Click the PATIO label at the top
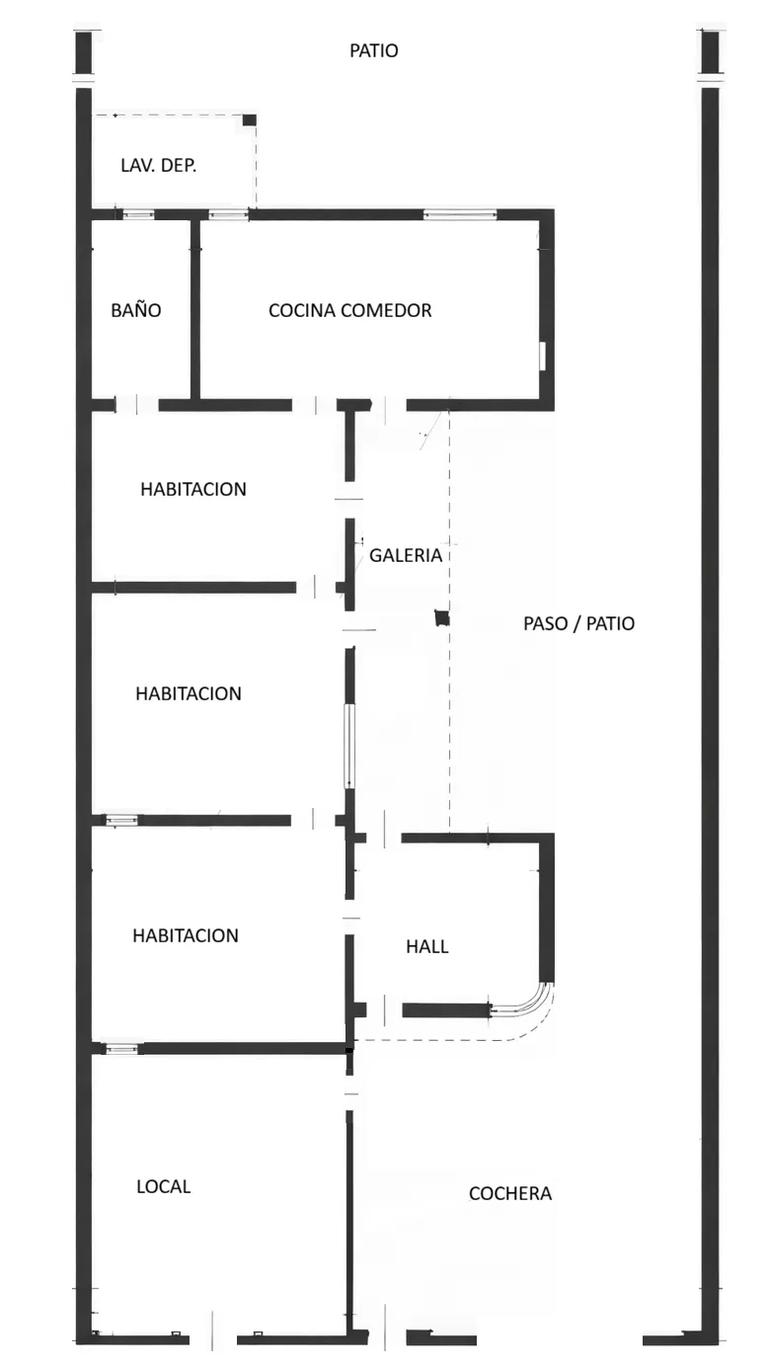[x=374, y=50]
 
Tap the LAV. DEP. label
[x=158, y=165]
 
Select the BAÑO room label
[x=136, y=310]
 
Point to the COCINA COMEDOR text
[x=349, y=310]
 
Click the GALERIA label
[x=405, y=555]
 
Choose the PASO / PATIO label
[x=578, y=623]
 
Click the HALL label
[x=426, y=946]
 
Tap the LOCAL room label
[x=163, y=1186]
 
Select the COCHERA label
[x=509, y=1193]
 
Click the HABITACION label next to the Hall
[x=186, y=935]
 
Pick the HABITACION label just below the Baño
[x=192, y=489]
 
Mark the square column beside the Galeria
[x=442, y=618]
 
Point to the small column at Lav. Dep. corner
[x=250, y=120]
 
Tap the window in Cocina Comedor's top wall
[x=459, y=214]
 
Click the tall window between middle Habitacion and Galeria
[x=349, y=746]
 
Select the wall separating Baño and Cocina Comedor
[x=195, y=310]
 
